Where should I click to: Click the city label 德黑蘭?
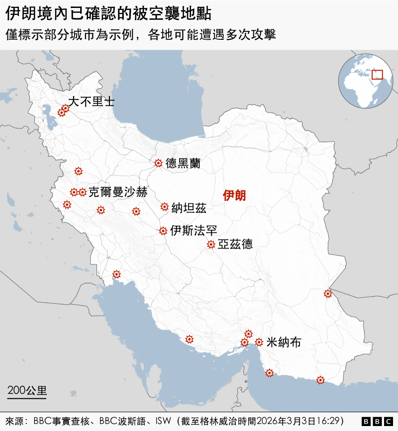pyautogui.click(x=183, y=163)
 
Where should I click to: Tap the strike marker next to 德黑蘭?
pyautogui.click(x=158, y=163)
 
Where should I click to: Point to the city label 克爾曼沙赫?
pyautogui.click(x=118, y=192)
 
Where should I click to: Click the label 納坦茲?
pyautogui.click(x=189, y=208)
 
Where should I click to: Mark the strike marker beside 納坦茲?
pyautogui.click(x=164, y=207)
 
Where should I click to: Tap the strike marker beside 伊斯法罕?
pyautogui.click(x=163, y=231)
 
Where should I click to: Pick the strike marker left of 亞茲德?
pyautogui.click(x=211, y=244)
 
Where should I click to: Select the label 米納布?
pyautogui.click(x=284, y=342)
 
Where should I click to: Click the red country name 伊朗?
pyautogui.click(x=234, y=195)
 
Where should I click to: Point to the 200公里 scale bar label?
pyautogui.click(x=27, y=389)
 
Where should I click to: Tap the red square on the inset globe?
pyautogui.click(x=377, y=74)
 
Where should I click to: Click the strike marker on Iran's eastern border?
pyautogui.click(x=327, y=293)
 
